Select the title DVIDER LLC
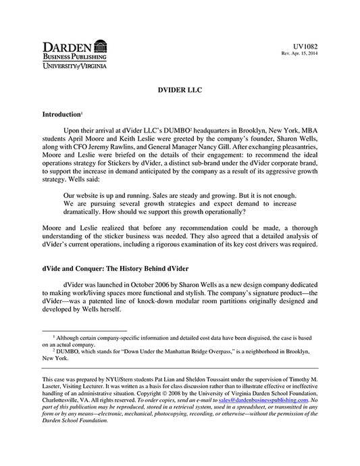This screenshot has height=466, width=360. [x=180, y=88]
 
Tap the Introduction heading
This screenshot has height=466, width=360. [x=61, y=115]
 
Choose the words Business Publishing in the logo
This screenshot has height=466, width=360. [x=67, y=58]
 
